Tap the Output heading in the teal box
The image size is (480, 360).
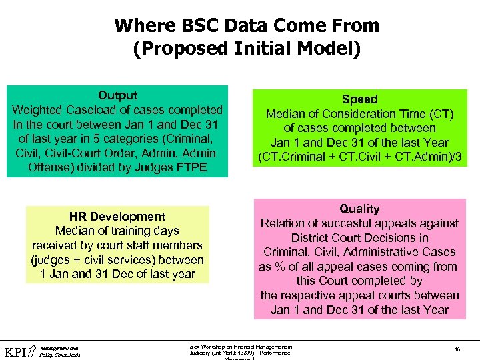[117, 95]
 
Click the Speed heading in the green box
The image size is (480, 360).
[359, 99]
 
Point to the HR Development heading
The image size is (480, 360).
[117, 217]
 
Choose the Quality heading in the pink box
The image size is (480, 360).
[359, 209]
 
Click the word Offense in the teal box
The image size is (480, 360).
[51, 167]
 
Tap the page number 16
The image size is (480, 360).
[457, 349]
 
